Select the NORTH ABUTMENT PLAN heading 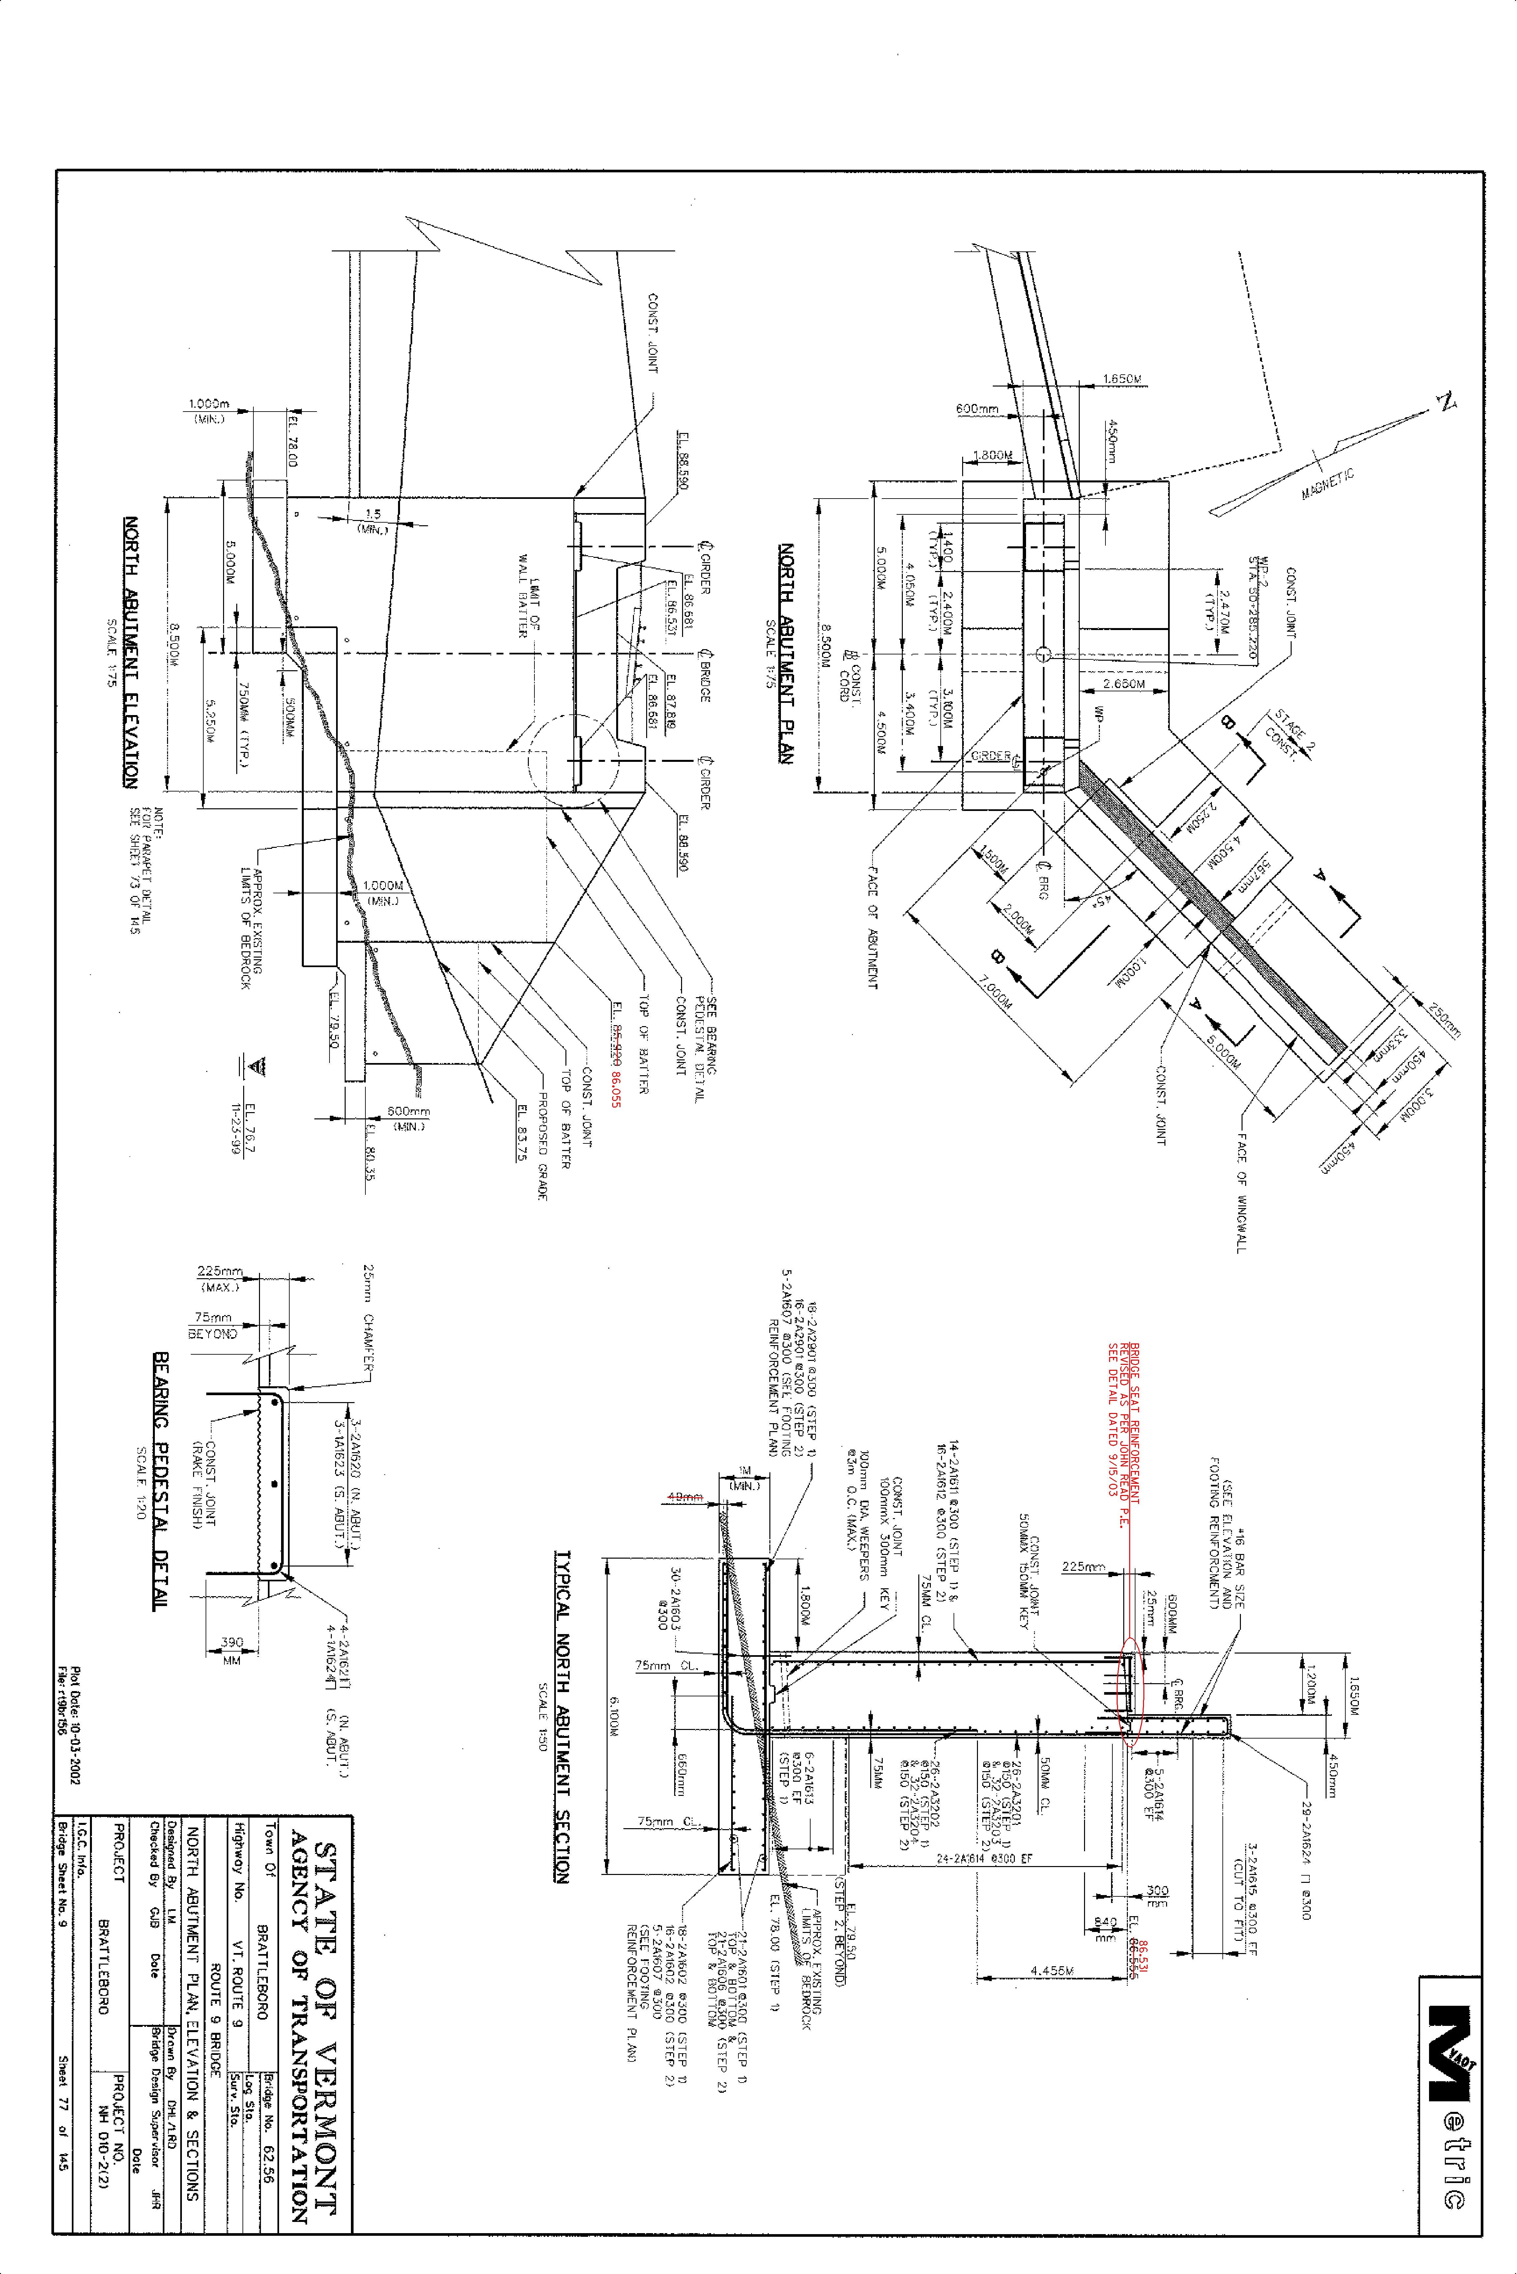(x=787, y=653)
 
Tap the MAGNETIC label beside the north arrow (x=1327, y=484)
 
